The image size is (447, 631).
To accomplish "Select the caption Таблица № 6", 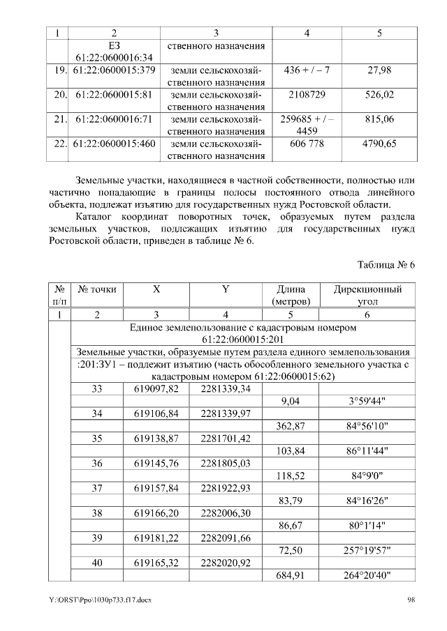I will click(386, 266).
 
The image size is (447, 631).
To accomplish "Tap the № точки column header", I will click(97, 289).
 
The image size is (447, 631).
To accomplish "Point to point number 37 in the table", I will click(97, 488).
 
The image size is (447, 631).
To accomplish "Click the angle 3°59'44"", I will click(368, 401).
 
